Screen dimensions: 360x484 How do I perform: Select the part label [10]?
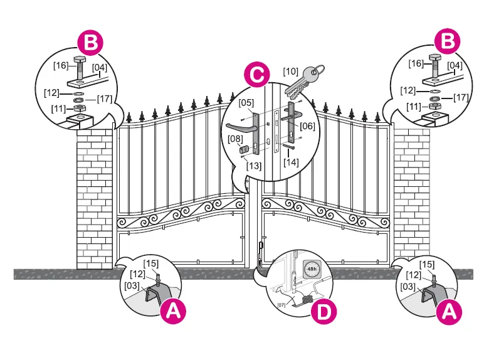click(291, 71)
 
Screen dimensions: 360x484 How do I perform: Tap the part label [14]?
click(291, 161)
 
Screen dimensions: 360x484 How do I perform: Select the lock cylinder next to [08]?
click(243, 151)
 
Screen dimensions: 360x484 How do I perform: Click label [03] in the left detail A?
click(133, 285)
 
